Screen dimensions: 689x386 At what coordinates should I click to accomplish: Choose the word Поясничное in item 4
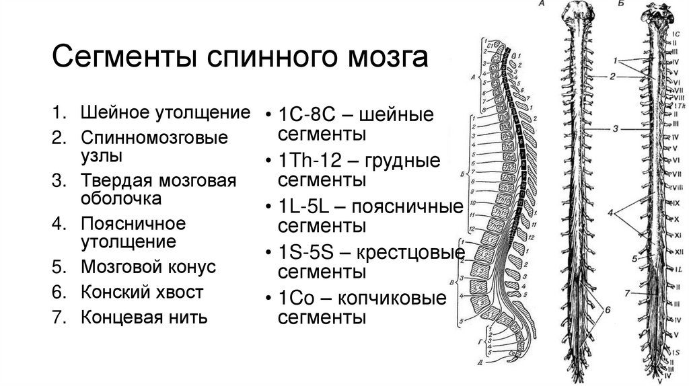tap(133, 223)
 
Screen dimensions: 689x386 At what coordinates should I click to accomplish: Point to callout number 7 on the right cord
tap(627, 293)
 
